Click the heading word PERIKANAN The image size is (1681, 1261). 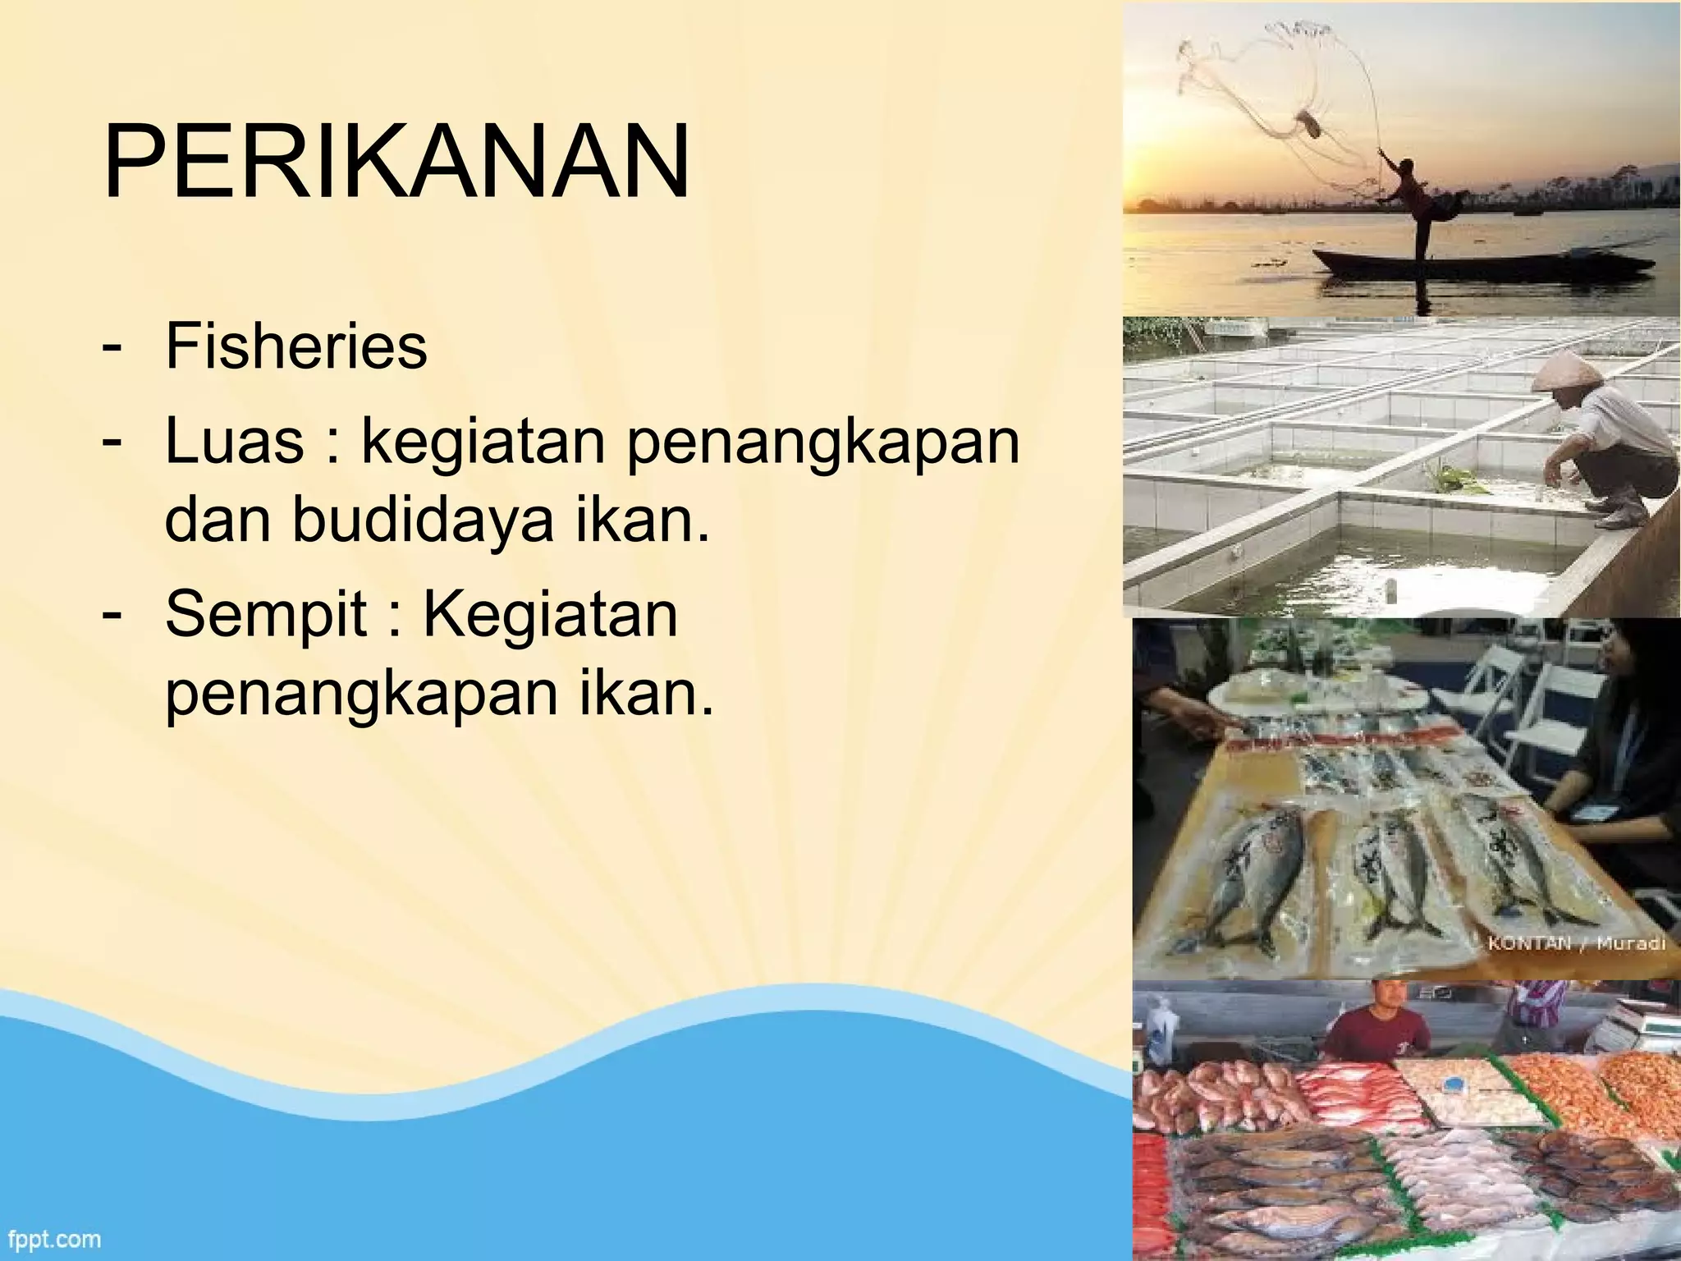point(396,161)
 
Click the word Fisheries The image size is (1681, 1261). point(296,346)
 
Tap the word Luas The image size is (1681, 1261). point(235,441)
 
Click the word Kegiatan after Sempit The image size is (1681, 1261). point(550,614)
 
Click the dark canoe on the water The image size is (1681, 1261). point(1477,266)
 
